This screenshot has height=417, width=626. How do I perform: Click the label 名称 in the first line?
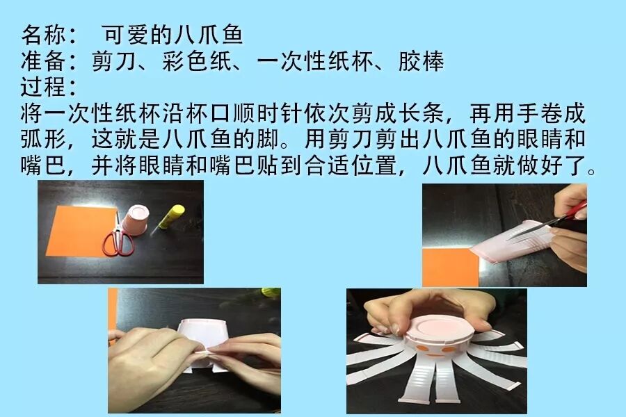click(x=44, y=35)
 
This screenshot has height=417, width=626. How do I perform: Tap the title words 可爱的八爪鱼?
click(x=172, y=35)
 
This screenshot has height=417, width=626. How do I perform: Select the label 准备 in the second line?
click(x=44, y=61)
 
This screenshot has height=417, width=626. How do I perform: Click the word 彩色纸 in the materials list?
click(x=198, y=61)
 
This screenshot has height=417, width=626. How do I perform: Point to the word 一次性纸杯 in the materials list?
click(x=315, y=61)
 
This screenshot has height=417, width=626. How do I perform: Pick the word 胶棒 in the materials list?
click(x=422, y=61)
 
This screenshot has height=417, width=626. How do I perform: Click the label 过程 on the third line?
click(x=44, y=87)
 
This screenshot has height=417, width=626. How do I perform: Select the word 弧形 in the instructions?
click(x=44, y=139)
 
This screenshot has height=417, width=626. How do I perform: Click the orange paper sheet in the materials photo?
click(x=80, y=229)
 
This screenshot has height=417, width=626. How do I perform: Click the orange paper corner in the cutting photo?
click(x=450, y=267)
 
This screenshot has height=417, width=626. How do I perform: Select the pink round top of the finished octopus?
click(x=440, y=327)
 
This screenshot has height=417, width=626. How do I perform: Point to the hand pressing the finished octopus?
click(x=423, y=309)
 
